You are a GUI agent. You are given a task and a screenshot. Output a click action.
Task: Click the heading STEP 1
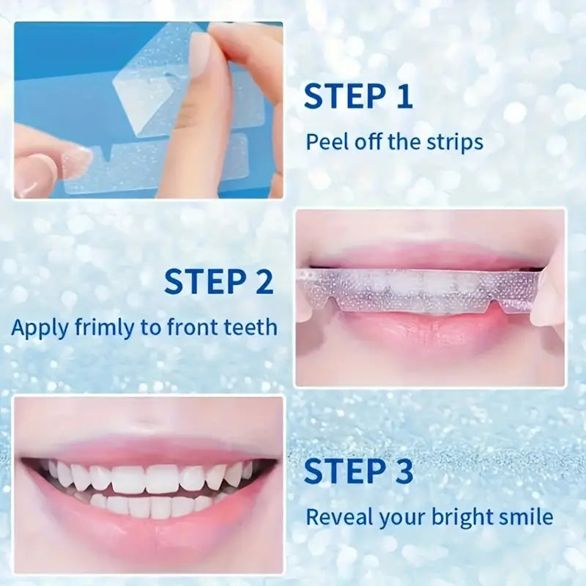tap(358, 97)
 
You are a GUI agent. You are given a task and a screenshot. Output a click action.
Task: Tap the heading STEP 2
tap(218, 281)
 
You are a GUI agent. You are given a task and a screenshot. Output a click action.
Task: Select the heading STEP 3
tap(358, 471)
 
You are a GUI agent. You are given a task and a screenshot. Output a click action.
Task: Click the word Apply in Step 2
tap(40, 328)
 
